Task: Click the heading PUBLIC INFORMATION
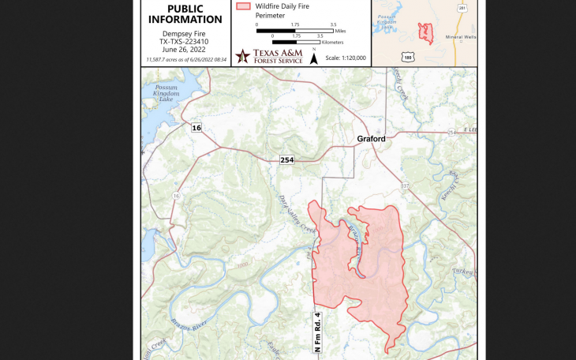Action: click(x=185, y=13)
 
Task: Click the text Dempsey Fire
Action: click(x=185, y=35)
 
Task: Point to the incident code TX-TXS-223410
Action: click(x=185, y=42)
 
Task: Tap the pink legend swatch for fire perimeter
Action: click(x=244, y=6)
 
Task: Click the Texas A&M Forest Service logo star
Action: click(x=242, y=55)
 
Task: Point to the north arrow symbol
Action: click(x=314, y=57)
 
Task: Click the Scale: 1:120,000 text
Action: click(x=346, y=58)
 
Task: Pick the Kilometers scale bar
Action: click(x=296, y=42)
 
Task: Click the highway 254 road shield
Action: click(x=286, y=160)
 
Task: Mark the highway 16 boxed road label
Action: click(x=196, y=126)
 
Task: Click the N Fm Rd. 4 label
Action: click(x=318, y=332)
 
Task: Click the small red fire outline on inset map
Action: click(x=426, y=32)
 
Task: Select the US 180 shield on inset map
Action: click(x=407, y=56)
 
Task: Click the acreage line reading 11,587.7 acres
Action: click(x=185, y=59)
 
